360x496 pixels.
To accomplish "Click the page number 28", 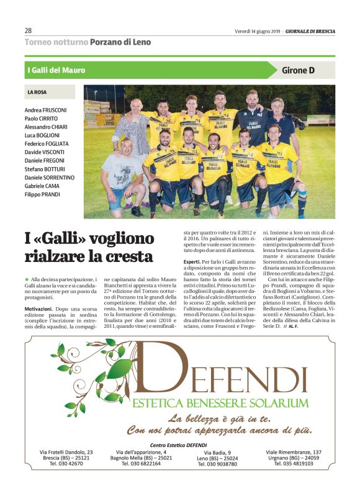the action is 28,30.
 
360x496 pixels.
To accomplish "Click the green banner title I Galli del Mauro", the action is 56,70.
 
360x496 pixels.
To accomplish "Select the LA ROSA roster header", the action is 38,92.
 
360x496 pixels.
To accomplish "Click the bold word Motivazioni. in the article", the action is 41,307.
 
